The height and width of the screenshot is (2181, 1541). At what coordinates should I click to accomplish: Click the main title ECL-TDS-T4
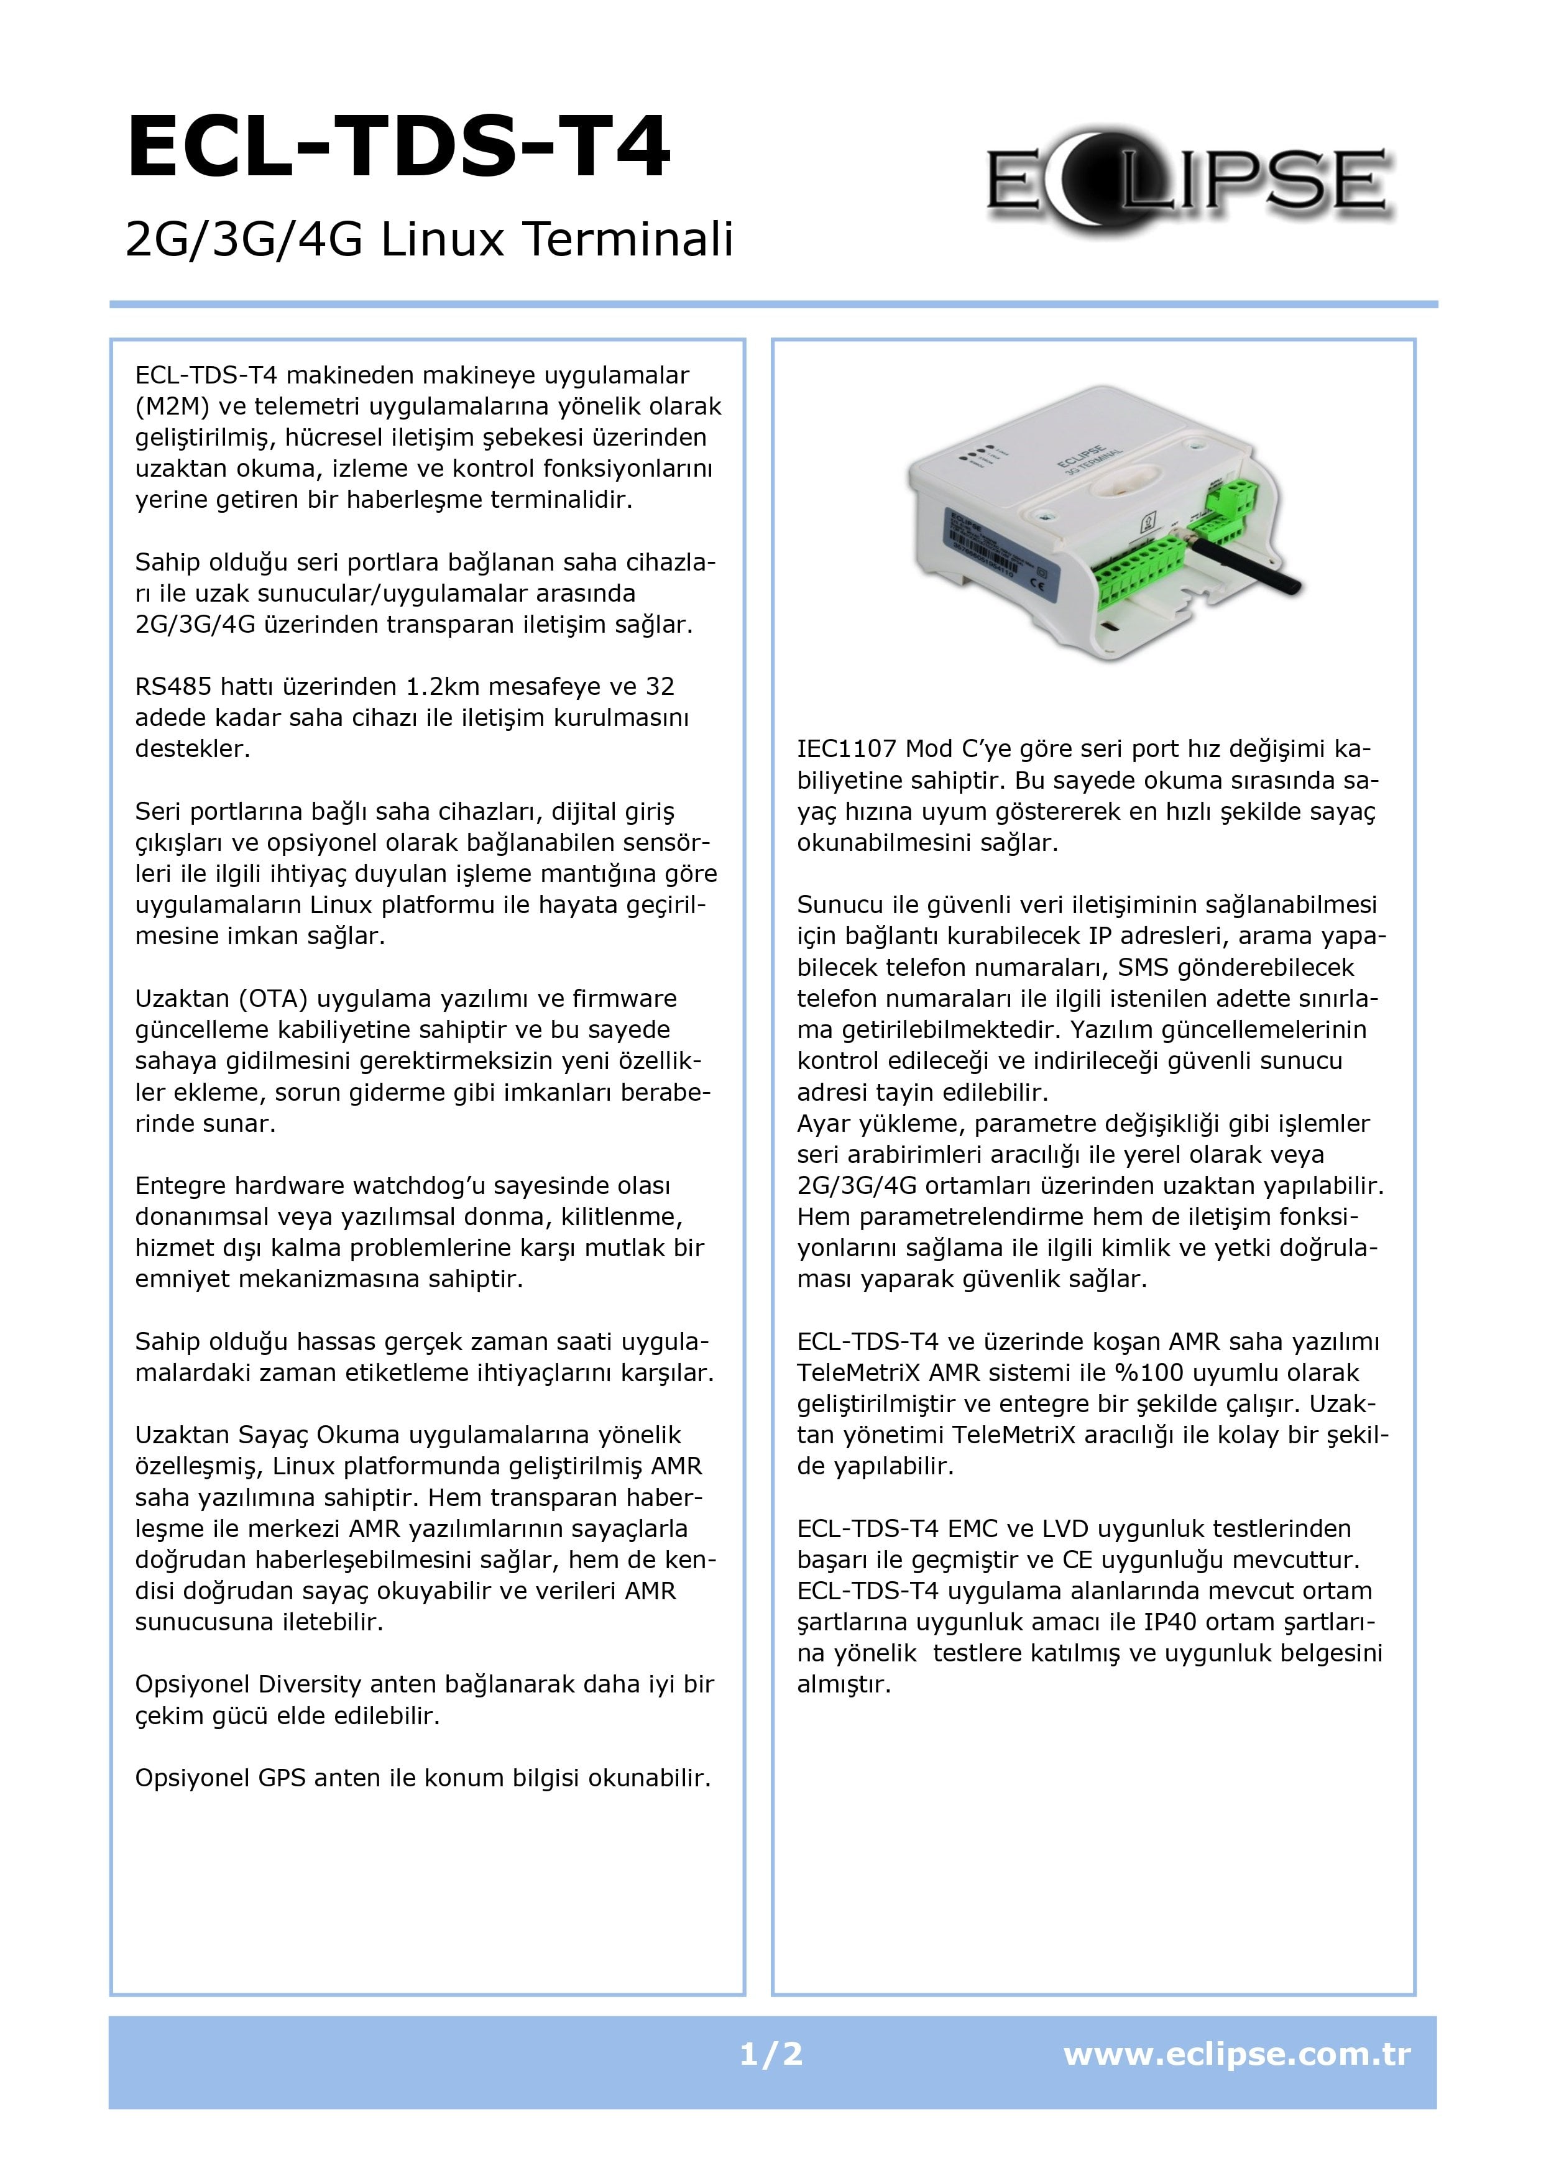tap(399, 147)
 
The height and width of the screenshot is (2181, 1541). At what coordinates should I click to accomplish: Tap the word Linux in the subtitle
tap(442, 239)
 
